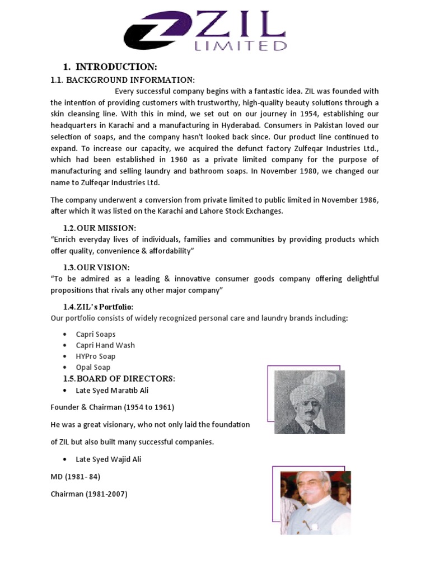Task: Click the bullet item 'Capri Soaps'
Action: (96, 334)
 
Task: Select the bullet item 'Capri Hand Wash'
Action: (105, 345)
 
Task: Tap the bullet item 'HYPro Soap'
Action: (96, 356)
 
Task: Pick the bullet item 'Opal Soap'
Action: (94, 368)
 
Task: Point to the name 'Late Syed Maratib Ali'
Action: (113, 390)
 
